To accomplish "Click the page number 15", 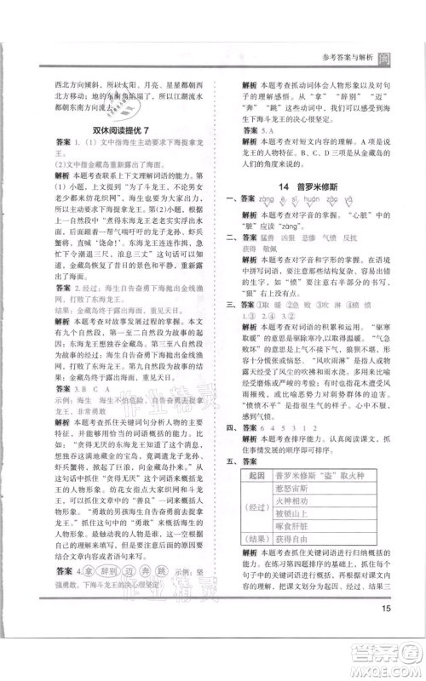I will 386,608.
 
